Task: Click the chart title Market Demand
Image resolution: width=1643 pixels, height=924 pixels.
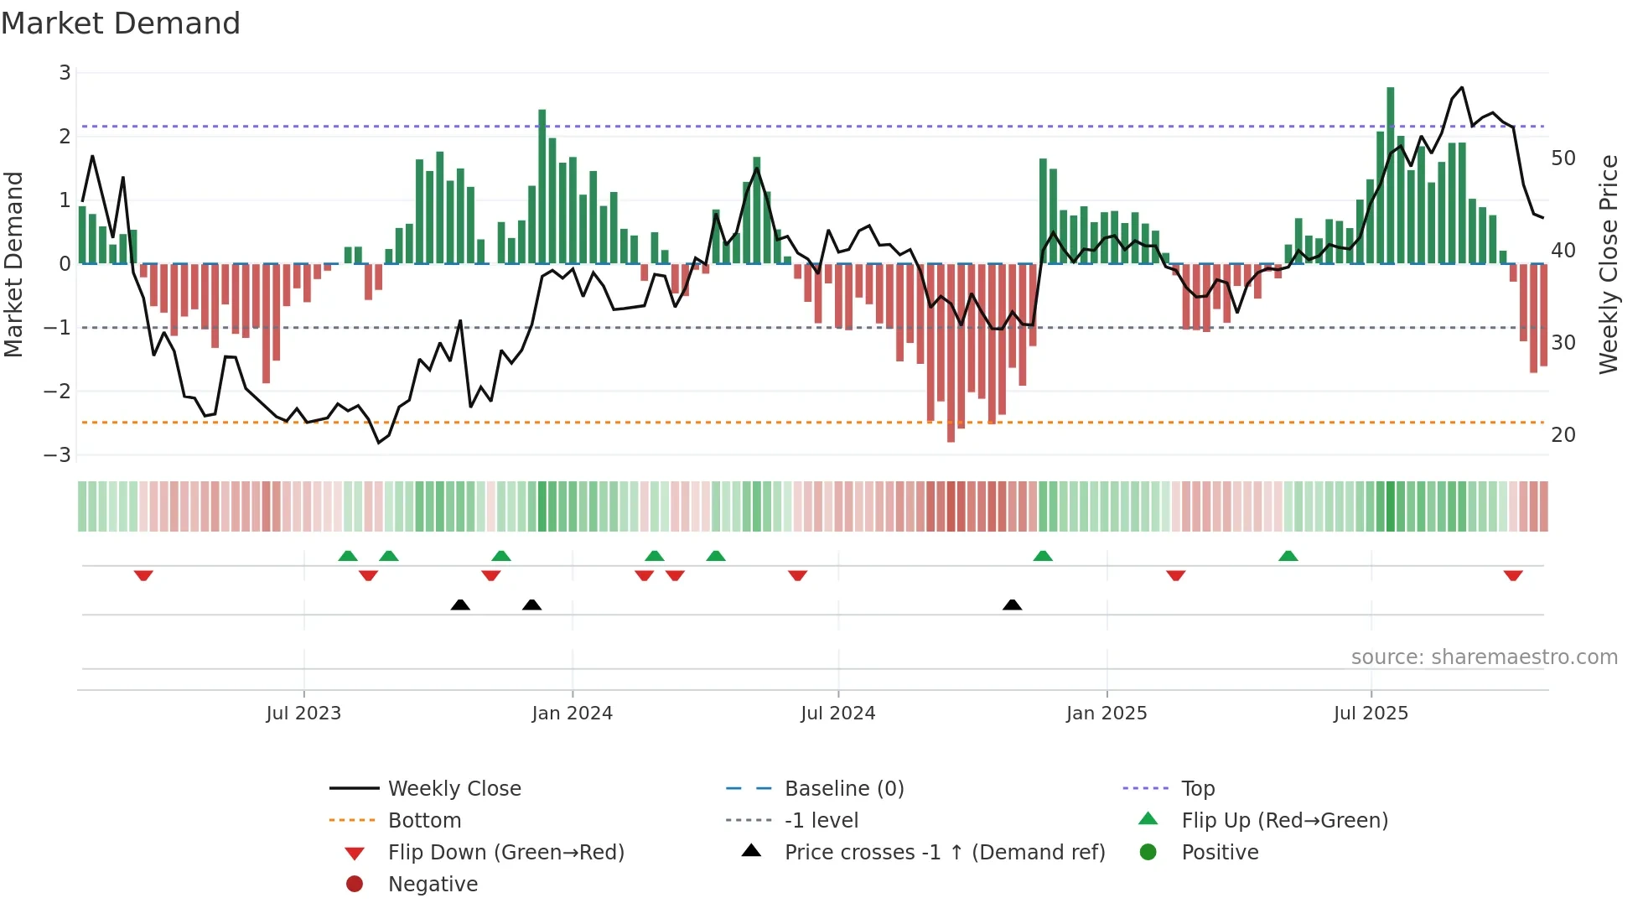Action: [x=121, y=23]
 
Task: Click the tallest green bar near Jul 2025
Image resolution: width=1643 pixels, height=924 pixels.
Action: [x=1391, y=176]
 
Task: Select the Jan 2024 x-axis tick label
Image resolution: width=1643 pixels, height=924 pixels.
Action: [x=572, y=714]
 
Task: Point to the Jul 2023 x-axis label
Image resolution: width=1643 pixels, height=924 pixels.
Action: [x=303, y=714]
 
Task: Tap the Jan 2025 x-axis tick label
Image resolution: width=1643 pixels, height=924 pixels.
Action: [x=1107, y=714]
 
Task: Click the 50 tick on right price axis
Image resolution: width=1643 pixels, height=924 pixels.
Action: [x=1563, y=158]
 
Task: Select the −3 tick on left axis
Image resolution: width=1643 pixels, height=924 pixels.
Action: [x=58, y=455]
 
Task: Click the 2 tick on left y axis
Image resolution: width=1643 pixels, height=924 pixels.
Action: [x=65, y=137]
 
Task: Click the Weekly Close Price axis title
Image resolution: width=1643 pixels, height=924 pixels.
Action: [x=1608, y=264]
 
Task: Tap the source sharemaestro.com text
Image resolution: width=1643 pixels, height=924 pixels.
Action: [x=1484, y=657]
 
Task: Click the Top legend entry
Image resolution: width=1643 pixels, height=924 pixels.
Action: [x=1198, y=789]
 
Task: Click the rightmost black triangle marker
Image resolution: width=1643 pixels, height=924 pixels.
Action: [x=1012, y=605]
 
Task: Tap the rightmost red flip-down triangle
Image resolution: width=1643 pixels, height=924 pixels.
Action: [x=1513, y=575]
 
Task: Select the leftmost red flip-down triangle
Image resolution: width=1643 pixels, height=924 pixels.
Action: [x=143, y=575]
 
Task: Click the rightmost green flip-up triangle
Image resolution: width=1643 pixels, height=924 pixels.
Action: [x=1288, y=556]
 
